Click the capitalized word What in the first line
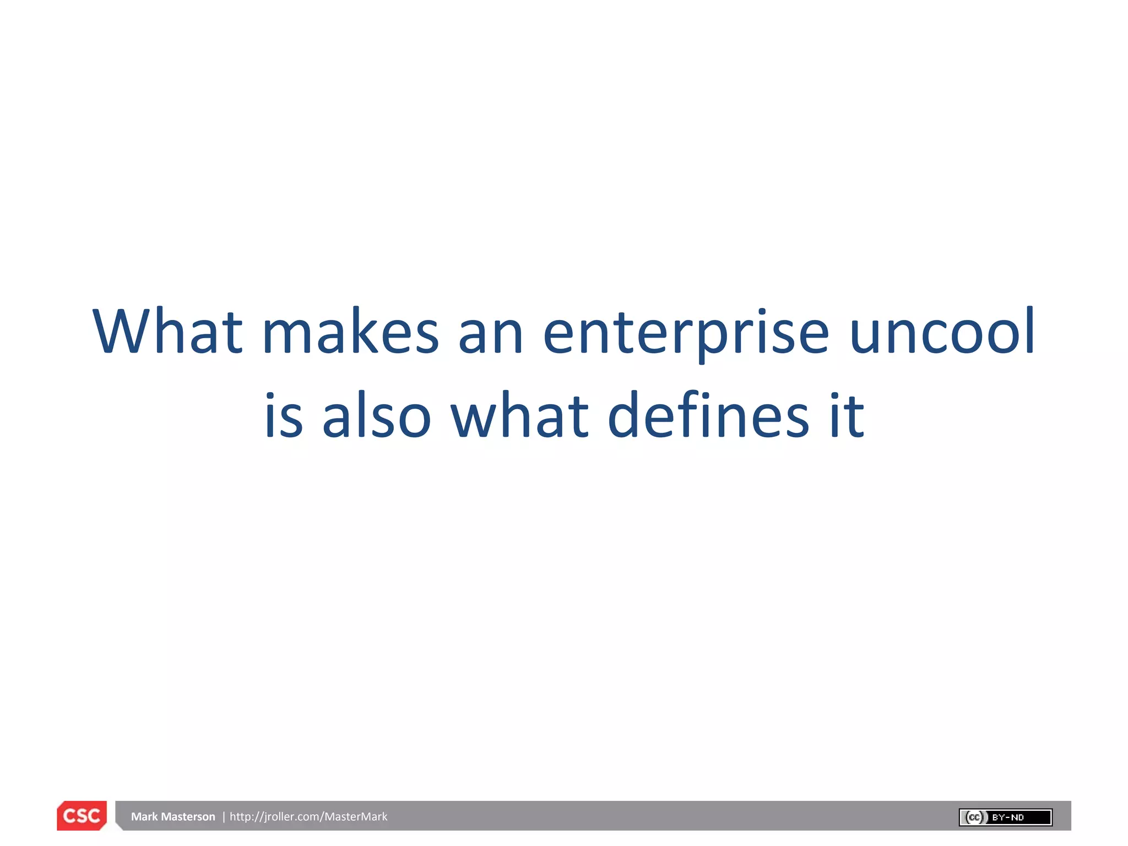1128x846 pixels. point(167,332)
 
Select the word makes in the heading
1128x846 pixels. point(350,332)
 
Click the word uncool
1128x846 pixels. point(942,332)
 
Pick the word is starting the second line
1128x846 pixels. point(284,416)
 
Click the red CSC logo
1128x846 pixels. point(82,816)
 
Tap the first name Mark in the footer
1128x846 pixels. point(144,816)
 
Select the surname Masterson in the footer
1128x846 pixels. point(188,816)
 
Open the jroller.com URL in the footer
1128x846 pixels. point(308,816)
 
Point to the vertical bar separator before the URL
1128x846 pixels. point(224,816)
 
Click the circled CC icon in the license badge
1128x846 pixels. point(974,817)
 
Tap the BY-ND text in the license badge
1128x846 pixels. point(1008,817)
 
